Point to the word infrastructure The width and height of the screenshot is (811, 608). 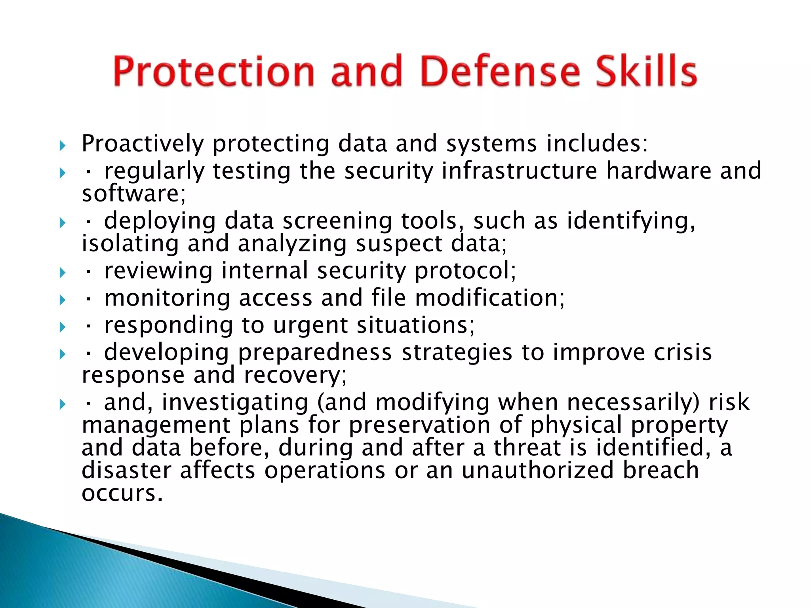tap(519, 171)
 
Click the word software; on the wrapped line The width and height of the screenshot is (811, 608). tap(133, 194)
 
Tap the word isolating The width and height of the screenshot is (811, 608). tap(130, 243)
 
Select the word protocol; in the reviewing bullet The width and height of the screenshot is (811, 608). tap(465, 271)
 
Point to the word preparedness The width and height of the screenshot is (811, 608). tap(315, 352)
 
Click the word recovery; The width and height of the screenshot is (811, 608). tap(295, 375)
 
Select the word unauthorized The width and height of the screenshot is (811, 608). tap(537, 470)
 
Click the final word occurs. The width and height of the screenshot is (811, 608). tap(122, 494)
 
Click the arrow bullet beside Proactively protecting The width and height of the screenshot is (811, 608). tap(62, 146)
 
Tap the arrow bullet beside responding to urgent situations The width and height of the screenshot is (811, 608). tap(62, 327)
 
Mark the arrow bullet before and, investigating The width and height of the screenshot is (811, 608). tap(62, 404)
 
